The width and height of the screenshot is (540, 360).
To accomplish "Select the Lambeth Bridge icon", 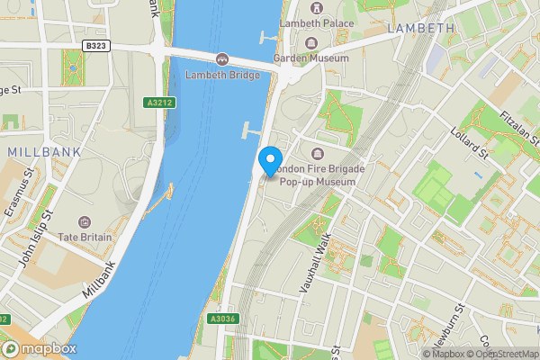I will (x=220, y=59).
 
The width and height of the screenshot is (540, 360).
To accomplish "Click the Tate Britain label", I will (x=85, y=237).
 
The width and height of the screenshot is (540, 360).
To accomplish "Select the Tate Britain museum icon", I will (x=85, y=221).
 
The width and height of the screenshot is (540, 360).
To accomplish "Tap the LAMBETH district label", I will (x=421, y=29).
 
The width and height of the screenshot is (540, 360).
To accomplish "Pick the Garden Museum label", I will (x=311, y=58).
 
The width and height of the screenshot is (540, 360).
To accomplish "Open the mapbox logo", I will (x=39, y=348).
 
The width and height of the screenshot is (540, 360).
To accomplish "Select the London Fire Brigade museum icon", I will (x=316, y=152).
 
